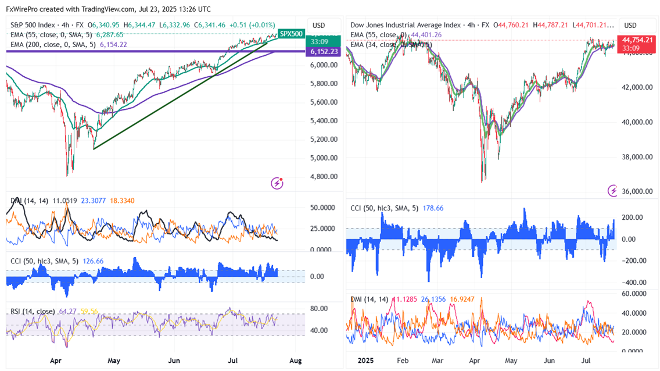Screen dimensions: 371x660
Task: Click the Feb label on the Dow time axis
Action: click(x=402, y=361)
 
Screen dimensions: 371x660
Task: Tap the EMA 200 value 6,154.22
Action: click(x=113, y=44)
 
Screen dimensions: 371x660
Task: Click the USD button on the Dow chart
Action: click(x=630, y=26)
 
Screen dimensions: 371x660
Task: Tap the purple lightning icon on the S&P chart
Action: click(x=278, y=183)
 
